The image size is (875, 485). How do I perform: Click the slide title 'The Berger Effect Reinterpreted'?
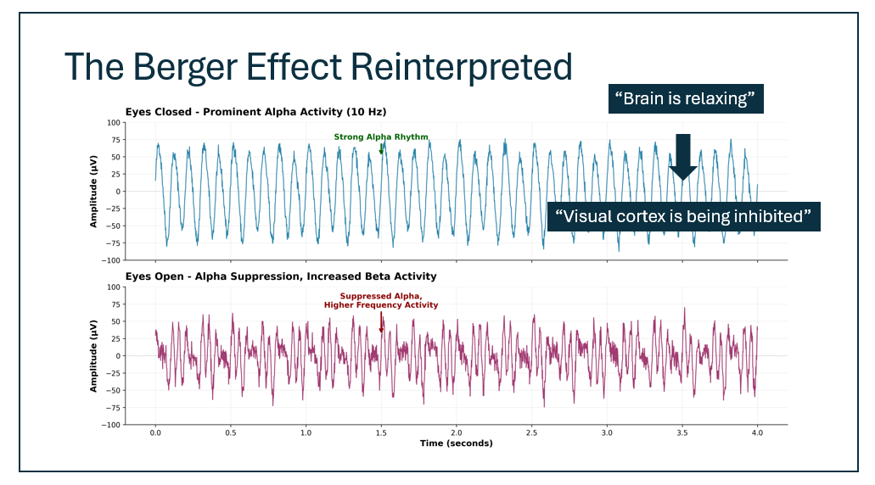(318, 66)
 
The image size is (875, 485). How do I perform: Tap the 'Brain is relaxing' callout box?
(685, 98)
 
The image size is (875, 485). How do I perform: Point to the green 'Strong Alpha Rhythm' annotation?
(381, 137)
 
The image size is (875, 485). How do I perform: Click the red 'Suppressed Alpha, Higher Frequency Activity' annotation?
(381, 300)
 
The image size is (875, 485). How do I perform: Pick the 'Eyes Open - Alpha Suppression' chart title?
(281, 276)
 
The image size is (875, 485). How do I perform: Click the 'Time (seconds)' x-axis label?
(456, 443)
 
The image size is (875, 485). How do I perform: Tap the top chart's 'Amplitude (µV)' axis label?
(94, 191)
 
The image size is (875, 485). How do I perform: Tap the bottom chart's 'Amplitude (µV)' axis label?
(94, 355)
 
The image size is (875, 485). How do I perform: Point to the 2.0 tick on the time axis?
(456, 432)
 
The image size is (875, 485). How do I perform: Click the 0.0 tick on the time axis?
(155, 432)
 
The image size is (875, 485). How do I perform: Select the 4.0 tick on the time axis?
(757, 432)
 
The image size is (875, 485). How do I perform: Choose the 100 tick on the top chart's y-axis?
(113, 122)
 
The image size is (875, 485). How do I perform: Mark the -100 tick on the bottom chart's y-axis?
(110, 425)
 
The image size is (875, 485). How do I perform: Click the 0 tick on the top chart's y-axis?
(118, 191)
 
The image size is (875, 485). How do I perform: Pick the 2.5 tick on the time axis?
(531, 432)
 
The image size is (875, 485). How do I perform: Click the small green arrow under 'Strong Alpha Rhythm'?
(381, 149)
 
